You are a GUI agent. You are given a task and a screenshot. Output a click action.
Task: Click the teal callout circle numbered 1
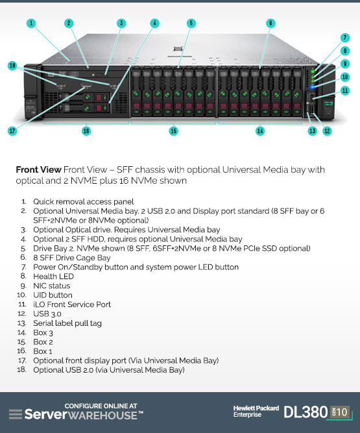tap(31, 23)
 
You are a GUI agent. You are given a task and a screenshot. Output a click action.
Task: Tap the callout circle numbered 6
tap(270, 23)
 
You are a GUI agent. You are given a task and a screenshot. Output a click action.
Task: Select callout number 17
tap(12, 131)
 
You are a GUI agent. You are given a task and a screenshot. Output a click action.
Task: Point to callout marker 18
tap(12, 66)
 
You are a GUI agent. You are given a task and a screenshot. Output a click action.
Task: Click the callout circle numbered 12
tap(327, 131)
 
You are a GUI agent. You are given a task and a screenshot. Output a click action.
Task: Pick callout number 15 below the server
tap(173, 131)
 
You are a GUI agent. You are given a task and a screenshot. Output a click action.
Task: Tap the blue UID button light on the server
tap(313, 87)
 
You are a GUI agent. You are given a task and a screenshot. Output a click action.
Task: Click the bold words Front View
tap(38, 169)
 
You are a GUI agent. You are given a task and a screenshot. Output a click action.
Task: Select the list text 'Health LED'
tap(54, 277)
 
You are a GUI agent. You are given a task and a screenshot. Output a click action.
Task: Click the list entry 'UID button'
tap(53, 295)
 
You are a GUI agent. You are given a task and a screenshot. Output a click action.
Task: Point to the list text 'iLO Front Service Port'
tap(72, 304)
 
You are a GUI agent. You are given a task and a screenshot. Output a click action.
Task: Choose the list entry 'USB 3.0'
tap(47, 314)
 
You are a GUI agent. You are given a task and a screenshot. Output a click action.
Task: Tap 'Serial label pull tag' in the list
tap(67, 323)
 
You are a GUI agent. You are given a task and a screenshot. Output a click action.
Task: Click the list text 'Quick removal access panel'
tap(84, 202)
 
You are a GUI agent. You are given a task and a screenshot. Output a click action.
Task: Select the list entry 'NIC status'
tap(52, 286)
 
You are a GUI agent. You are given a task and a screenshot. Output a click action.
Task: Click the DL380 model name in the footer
tap(306, 412)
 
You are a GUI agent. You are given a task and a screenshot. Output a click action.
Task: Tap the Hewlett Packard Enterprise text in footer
tap(256, 412)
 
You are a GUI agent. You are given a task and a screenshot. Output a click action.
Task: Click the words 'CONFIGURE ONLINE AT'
tap(101, 406)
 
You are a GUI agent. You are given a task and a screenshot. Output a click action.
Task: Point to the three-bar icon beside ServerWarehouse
tap(16, 414)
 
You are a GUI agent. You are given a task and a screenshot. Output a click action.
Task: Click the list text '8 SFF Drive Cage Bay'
tap(72, 258)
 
